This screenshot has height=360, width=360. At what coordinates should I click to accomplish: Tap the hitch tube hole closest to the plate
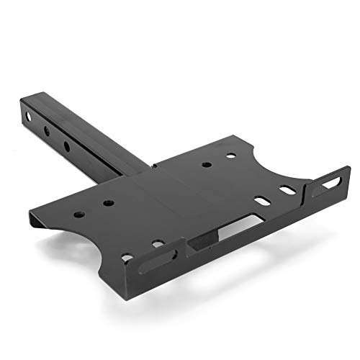coord(67,146)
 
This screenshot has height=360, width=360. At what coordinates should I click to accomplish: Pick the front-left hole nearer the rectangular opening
coord(158,244)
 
